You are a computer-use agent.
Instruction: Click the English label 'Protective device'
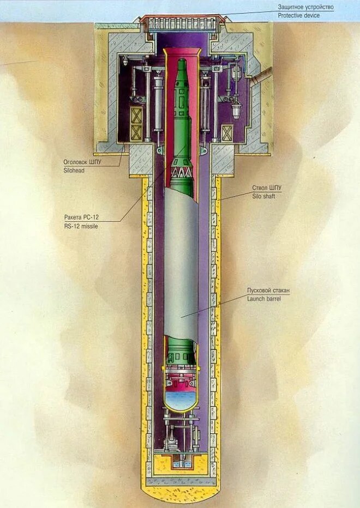pos(298,16)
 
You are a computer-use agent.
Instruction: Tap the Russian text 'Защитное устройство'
pos(305,7)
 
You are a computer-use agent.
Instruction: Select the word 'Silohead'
pos(74,170)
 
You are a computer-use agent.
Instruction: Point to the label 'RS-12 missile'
pos(81,226)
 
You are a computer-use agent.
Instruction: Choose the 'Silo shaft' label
pos(263,196)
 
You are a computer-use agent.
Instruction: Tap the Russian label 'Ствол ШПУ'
pos(267,188)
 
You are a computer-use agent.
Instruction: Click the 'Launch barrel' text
pos(264,299)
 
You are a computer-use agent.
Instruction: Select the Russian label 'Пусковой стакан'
pos(268,291)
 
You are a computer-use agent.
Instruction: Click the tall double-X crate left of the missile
pos(136,124)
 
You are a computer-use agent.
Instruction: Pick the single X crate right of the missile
pos(227,133)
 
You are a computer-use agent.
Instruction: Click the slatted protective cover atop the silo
pos(182,24)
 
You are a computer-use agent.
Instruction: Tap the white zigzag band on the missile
pos(182,173)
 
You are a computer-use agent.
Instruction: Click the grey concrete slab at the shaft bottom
pos(181,482)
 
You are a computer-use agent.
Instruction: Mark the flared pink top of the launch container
pos(181,52)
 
